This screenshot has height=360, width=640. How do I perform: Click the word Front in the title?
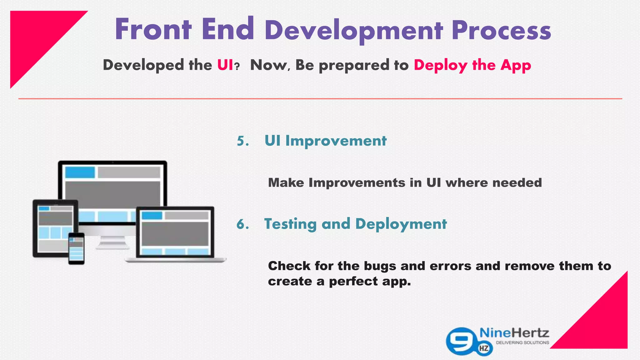pos(153,30)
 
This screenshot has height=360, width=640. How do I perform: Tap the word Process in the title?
pos(501,31)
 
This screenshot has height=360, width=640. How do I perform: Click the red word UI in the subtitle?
pos(225,65)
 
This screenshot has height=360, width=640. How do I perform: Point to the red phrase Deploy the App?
pos(472,65)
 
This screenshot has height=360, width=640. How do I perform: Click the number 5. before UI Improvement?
pos(243,141)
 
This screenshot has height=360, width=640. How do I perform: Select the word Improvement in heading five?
pos(336,141)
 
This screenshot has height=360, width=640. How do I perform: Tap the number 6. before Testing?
pos(243,224)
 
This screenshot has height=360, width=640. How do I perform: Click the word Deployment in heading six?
pos(401,224)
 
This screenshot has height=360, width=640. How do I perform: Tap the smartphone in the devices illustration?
pos(76,248)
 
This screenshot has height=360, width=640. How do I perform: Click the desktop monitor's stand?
pos(112,242)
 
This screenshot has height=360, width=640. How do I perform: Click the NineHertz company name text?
pos(514,333)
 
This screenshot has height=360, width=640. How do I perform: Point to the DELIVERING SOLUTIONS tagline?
pos(522,343)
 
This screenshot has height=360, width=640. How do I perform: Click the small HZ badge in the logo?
pos(484,348)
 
